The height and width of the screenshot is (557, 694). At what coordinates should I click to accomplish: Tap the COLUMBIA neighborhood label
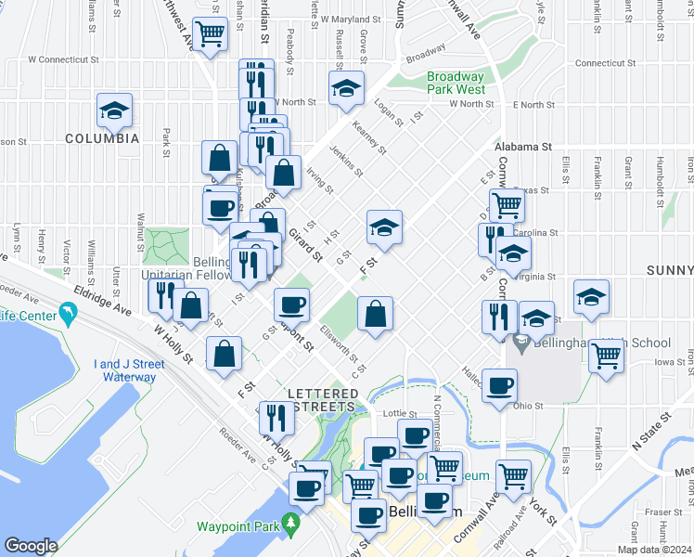[x=102, y=138]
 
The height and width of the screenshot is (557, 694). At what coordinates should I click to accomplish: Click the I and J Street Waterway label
[x=129, y=370]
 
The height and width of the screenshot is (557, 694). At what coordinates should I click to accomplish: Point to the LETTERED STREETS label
[x=322, y=400]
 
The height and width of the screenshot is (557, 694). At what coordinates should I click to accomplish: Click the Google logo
[x=32, y=546]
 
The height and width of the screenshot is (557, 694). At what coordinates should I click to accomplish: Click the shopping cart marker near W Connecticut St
[x=212, y=35]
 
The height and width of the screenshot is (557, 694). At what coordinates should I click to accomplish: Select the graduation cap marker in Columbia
[x=114, y=112]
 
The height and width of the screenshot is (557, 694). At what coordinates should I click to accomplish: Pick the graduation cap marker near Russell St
[x=346, y=89]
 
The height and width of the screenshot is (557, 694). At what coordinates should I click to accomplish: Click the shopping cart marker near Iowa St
[x=606, y=355]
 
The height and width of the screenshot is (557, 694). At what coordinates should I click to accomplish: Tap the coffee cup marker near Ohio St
[x=499, y=384]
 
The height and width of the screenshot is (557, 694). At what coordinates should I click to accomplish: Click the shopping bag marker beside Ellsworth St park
[x=375, y=315]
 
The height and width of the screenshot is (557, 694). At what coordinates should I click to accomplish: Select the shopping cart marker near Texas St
[x=507, y=204]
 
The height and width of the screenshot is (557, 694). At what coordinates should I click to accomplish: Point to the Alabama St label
[x=523, y=147]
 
